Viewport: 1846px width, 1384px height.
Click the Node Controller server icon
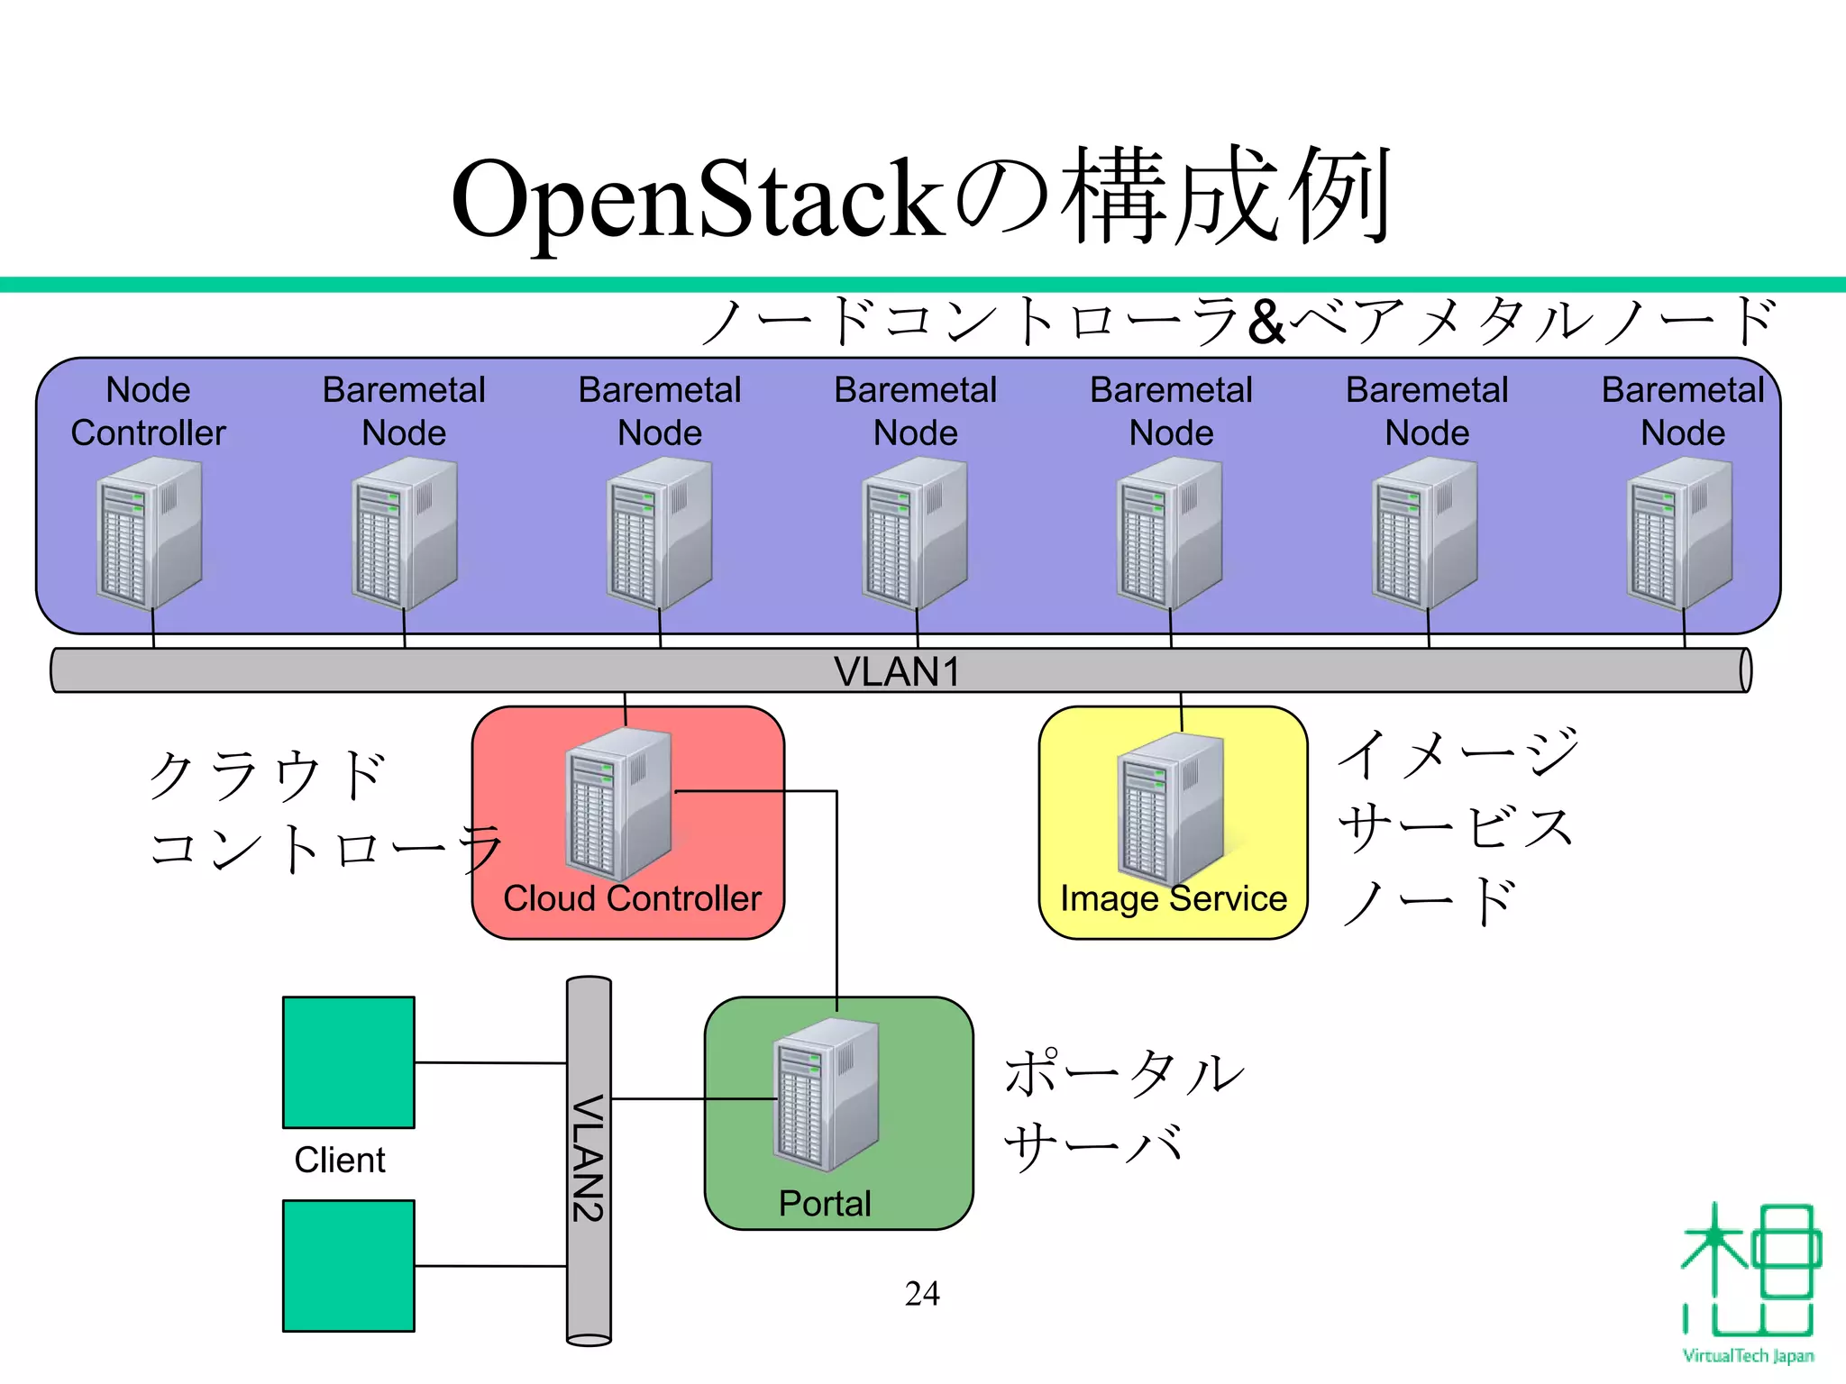pyautogui.click(x=149, y=533)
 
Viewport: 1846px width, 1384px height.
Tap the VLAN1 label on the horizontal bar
pyautogui.click(x=896, y=672)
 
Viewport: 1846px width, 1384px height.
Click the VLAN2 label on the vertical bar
pyautogui.click(x=588, y=1158)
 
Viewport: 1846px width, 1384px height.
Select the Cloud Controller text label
pyautogui.click(x=632, y=898)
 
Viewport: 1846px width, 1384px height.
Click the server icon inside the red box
pyautogui.click(x=619, y=804)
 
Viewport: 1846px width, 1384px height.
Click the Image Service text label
pyautogui.click(x=1173, y=898)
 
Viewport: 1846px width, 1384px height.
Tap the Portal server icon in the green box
pyautogui.click(x=826, y=1095)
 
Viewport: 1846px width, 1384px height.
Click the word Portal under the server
pyautogui.click(x=825, y=1204)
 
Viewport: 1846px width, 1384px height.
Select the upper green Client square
pyautogui.click(x=349, y=1062)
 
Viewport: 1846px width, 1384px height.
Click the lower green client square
pyautogui.click(x=349, y=1265)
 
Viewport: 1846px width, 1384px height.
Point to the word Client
pyautogui.click(x=340, y=1160)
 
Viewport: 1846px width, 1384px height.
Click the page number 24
pyautogui.click(x=921, y=1294)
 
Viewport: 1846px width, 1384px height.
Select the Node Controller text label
pyautogui.click(x=149, y=412)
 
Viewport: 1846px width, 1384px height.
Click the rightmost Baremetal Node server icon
pyautogui.click(x=1680, y=533)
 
